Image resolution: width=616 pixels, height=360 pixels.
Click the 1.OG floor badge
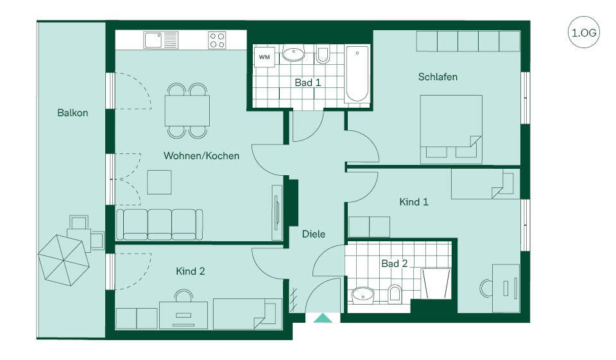583,32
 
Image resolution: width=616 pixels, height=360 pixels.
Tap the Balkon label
73,113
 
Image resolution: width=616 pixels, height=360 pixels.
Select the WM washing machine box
264,57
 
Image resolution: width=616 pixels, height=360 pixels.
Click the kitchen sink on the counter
160,40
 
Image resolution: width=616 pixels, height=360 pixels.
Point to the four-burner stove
218,40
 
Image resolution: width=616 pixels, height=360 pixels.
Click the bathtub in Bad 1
357,74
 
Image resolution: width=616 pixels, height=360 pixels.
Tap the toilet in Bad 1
323,55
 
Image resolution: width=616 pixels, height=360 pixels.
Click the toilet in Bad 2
395,294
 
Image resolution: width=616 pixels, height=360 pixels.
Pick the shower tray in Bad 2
436,284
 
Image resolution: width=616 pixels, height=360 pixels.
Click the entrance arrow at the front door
323,318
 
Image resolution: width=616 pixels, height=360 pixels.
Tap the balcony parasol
64,260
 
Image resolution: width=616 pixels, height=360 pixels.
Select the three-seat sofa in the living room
160,225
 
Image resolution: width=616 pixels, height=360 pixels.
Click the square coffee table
159,182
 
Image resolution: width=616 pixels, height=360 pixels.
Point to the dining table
187,110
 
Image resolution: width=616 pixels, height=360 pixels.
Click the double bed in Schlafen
451,129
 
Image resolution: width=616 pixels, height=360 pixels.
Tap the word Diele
314,234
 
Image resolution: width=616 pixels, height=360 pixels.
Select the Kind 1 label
414,202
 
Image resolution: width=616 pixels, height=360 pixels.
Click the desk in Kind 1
506,289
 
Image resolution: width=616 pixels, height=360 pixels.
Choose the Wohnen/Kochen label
201,156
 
